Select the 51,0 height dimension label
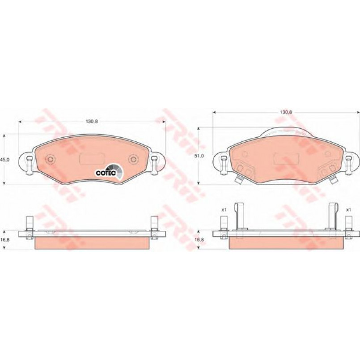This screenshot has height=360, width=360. [x=199, y=156]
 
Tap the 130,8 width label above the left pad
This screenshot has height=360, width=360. [x=92, y=122]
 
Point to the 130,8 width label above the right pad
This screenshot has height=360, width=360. [x=286, y=112]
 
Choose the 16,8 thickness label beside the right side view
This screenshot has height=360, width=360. [x=199, y=239]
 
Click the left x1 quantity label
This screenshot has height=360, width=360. [x=224, y=210]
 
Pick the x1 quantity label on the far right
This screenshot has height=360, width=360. [x=348, y=210]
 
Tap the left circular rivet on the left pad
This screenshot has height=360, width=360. [x=50, y=159]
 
